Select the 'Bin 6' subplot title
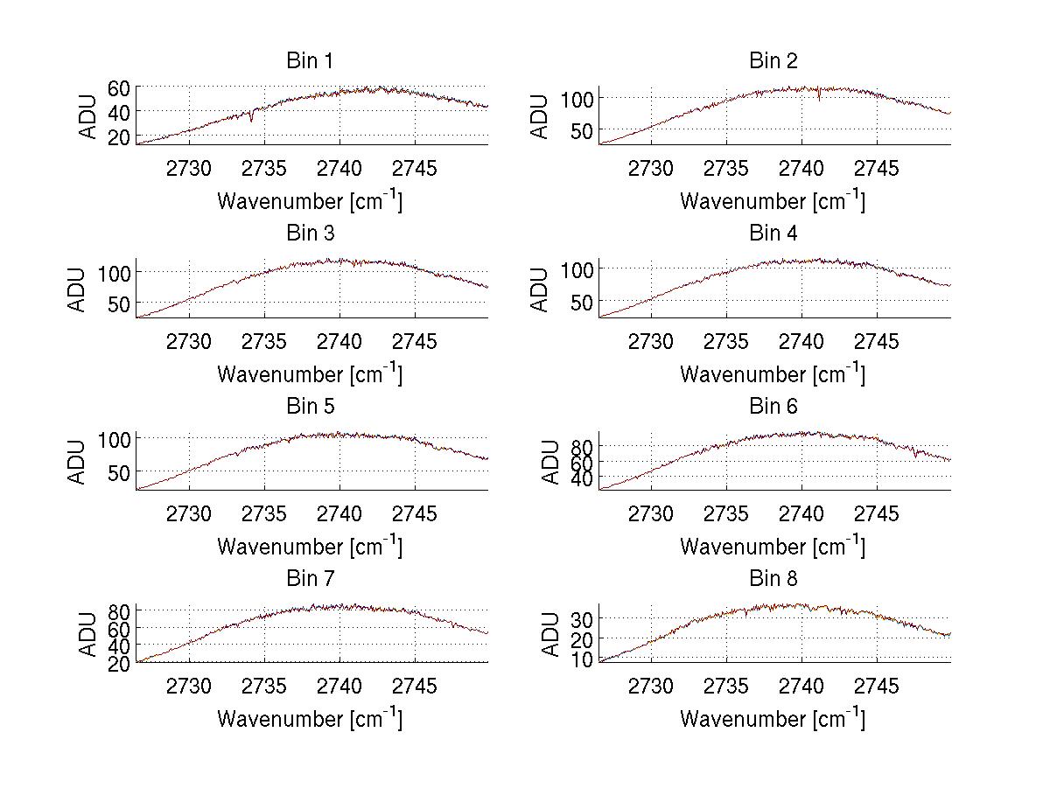pyautogui.click(x=773, y=407)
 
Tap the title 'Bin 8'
pyautogui.click(x=773, y=579)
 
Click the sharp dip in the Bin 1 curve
pyautogui.click(x=252, y=119)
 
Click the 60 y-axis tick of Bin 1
pyautogui.click(x=119, y=87)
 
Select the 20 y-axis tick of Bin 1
pyautogui.click(x=119, y=136)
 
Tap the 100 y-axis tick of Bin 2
pyautogui.click(x=576, y=98)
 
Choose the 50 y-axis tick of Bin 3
pyautogui.click(x=119, y=303)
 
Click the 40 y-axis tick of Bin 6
pyautogui.click(x=582, y=478)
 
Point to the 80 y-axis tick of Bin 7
pyautogui.click(x=119, y=610)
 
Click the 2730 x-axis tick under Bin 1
pyautogui.click(x=189, y=169)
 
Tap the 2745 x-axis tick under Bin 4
pyautogui.click(x=876, y=341)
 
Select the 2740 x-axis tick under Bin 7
pyautogui.click(x=339, y=687)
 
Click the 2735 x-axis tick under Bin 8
pyautogui.click(x=726, y=687)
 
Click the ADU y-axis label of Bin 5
pyautogui.click(x=79, y=461)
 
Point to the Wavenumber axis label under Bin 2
pyautogui.click(x=773, y=201)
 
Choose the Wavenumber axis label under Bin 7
pyautogui.click(x=310, y=719)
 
